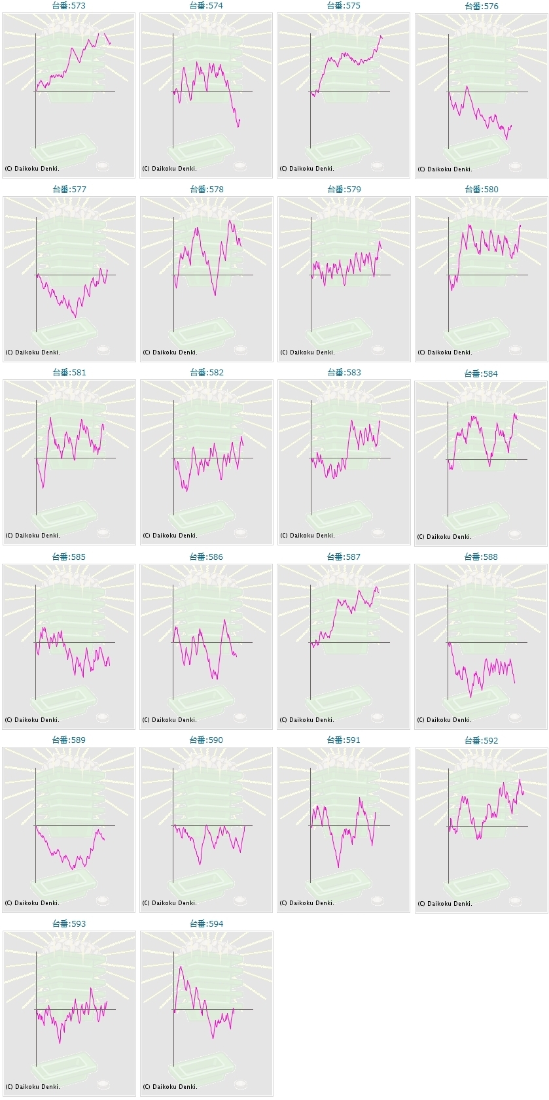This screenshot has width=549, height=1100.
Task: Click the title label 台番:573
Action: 69,5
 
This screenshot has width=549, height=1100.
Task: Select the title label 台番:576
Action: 482,6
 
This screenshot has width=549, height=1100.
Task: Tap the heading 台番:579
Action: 344,189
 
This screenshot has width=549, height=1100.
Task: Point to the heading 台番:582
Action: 207,372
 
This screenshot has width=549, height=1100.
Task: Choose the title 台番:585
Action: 69,557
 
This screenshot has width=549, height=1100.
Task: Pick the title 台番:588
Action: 481,557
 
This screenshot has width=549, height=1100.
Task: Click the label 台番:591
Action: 344,740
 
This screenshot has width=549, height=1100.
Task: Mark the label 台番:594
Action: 206,923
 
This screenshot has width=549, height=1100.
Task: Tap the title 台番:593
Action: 69,923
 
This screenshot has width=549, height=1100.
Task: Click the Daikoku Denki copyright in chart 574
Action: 169,169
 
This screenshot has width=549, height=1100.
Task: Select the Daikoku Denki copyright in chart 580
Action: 445,352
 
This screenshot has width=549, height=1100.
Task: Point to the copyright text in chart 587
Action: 307,720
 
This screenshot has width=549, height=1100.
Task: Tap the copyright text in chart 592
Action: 445,904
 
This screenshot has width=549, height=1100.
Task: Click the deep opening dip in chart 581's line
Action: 43,487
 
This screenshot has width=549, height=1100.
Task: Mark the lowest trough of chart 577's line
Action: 75,317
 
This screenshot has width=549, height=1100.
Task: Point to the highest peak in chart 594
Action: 181,966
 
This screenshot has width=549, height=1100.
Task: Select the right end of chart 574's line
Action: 239,120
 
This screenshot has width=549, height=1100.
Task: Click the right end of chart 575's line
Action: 382,37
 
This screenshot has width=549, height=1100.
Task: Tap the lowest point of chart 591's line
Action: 338,867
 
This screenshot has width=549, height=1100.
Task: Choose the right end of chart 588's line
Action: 515,683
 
